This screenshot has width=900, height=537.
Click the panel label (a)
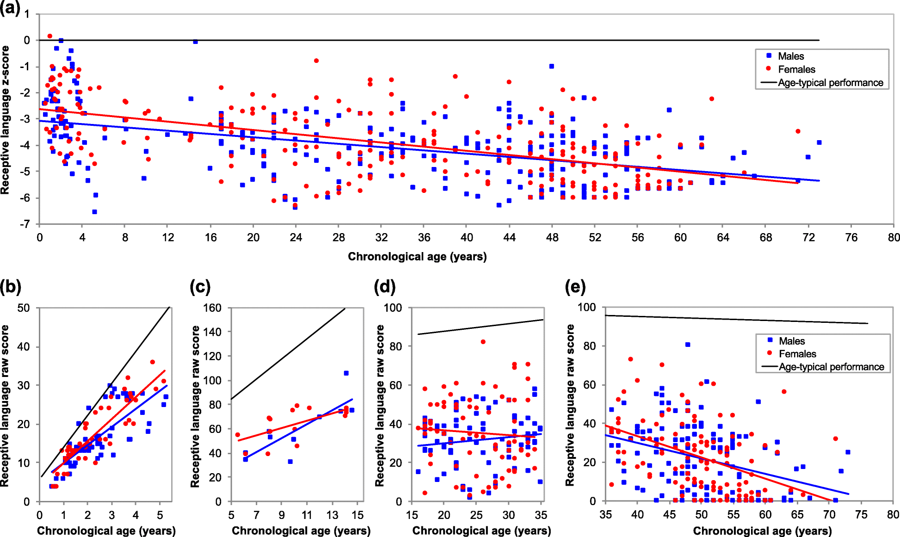[10, 8]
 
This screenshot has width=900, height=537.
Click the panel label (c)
[200, 287]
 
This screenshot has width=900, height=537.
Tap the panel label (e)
[575, 287]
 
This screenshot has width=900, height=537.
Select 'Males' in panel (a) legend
[791, 56]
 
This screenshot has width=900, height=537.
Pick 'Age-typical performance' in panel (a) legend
[830, 82]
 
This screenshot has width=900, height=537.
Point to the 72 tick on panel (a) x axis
[808, 237]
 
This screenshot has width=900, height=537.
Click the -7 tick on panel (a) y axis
[25, 224]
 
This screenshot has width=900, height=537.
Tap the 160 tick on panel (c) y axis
[212, 308]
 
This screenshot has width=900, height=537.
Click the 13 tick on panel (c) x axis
[332, 515]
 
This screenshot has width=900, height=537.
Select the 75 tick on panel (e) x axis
[861, 515]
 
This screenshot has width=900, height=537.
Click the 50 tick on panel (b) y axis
[24, 308]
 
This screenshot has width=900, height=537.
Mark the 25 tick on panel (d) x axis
[476, 515]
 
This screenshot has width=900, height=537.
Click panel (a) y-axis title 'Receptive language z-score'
[6, 120]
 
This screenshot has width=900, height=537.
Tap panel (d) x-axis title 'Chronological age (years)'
[481, 531]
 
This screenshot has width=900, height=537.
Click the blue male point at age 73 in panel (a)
[819, 142]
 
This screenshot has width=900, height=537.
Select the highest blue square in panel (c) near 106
[346, 373]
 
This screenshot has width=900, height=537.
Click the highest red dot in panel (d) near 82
[483, 342]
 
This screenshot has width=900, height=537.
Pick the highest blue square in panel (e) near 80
[688, 345]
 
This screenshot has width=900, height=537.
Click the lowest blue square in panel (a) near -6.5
[94, 212]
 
